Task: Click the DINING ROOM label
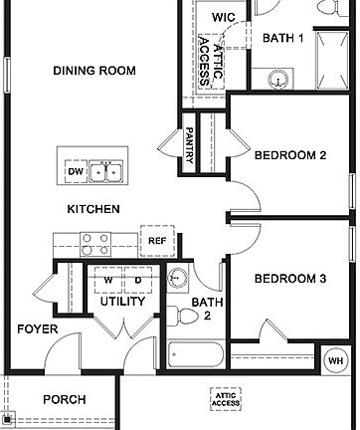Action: point(93,71)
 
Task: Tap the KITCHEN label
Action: point(93,209)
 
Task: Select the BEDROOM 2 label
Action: point(290,155)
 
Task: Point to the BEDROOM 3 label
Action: point(290,279)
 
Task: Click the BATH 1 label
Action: point(284,38)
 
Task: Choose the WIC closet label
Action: point(223,18)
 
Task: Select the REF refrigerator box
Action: point(157,240)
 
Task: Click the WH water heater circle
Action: point(335,359)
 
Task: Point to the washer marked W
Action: point(106,280)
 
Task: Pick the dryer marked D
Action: point(137,280)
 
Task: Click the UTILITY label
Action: point(123,301)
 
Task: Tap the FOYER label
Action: point(37,329)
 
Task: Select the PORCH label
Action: point(64,399)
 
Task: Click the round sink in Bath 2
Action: point(177,278)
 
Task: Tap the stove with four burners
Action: point(95,244)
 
